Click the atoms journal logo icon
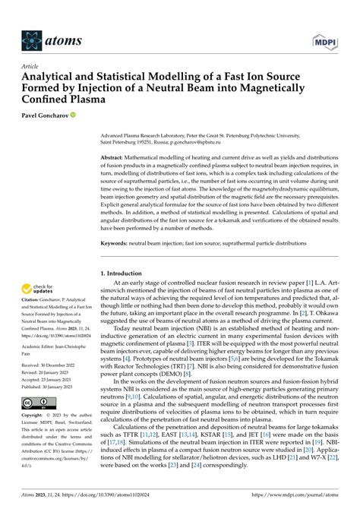coord(33,40)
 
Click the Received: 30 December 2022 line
coord(55,366)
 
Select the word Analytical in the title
coord(52,77)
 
